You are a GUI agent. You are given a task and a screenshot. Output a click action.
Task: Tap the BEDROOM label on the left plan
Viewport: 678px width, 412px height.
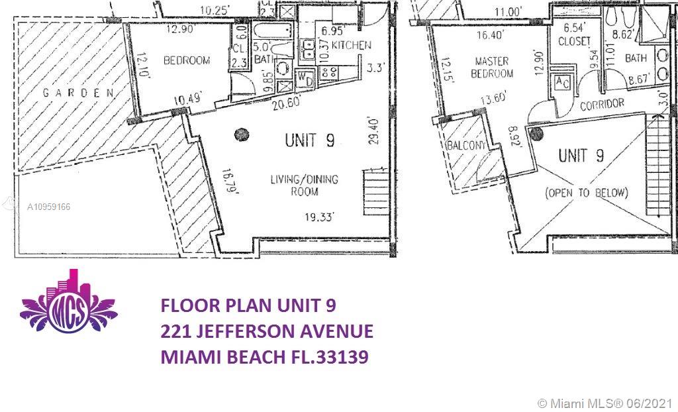pyautogui.click(x=186, y=60)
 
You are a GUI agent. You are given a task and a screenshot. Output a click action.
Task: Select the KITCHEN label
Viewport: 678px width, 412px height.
pyautogui.click(x=351, y=45)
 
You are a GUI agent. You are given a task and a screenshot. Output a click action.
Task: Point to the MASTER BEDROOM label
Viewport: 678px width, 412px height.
pyautogui.click(x=492, y=67)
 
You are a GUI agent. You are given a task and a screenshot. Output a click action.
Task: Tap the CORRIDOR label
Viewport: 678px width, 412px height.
pyautogui.click(x=602, y=104)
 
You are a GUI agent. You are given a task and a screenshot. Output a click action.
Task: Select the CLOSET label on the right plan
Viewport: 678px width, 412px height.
pyautogui.click(x=573, y=40)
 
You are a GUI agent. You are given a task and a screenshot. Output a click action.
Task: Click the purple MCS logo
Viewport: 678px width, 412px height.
pyautogui.click(x=69, y=309)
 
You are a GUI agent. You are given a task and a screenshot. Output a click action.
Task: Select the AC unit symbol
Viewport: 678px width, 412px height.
pyautogui.click(x=562, y=83)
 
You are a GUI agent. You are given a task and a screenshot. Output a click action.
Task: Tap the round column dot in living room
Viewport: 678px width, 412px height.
pyautogui.click(x=239, y=136)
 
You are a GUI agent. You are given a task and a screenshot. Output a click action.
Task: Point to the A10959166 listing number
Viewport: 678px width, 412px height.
pyautogui.click(x=48, y=207)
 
